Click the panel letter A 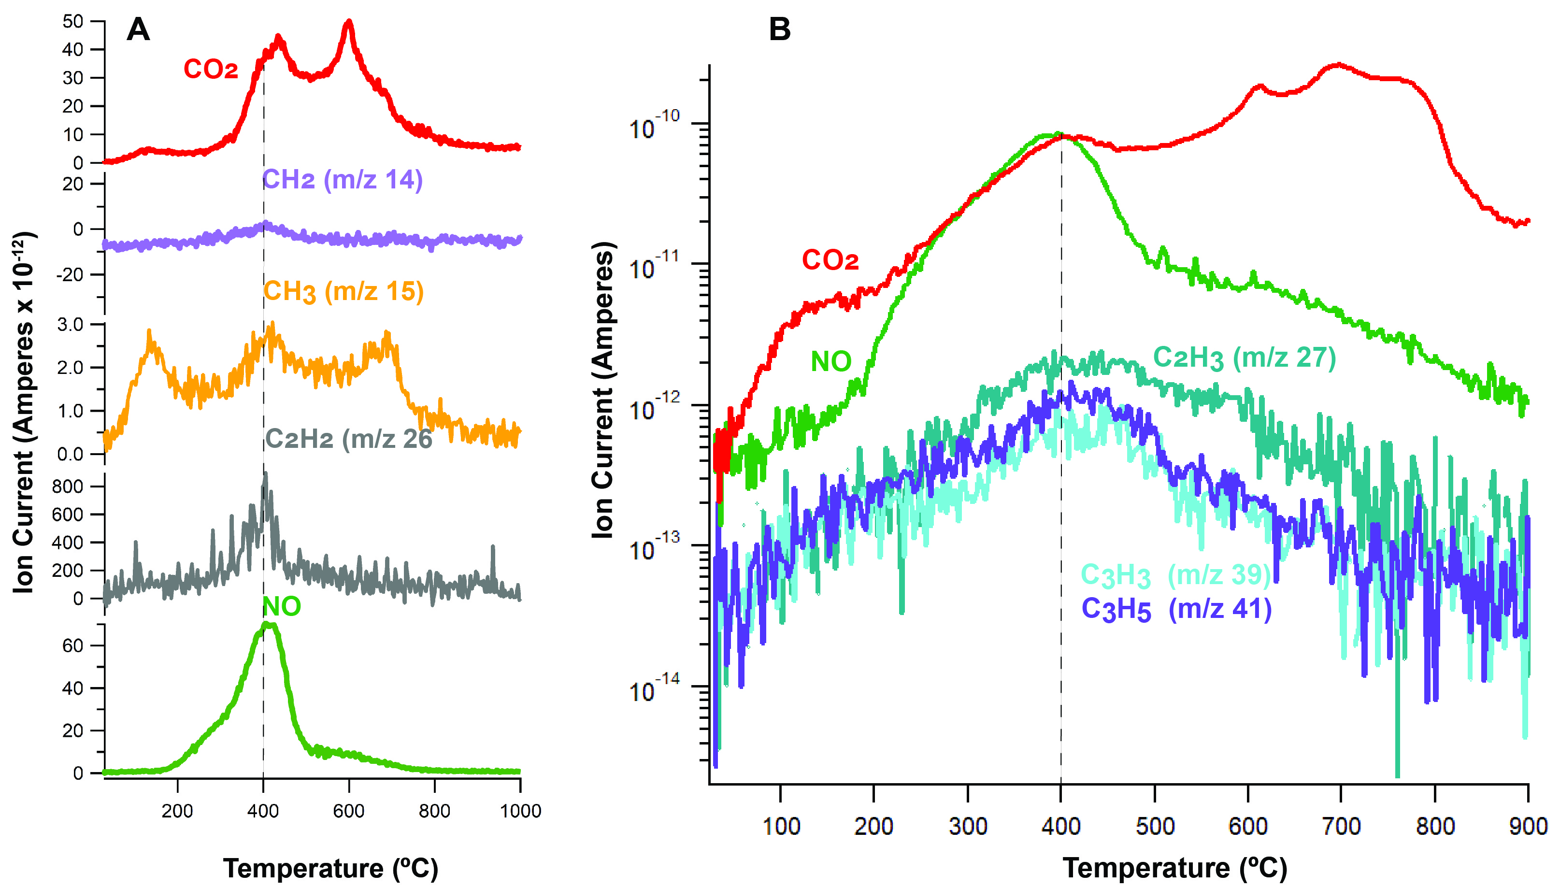[139, 29]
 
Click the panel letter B [779, 29]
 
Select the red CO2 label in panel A [210, 70]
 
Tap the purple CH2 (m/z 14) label [342, 181]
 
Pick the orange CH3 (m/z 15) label [343, 291]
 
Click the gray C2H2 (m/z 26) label [348, 439]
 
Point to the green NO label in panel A [281, 607]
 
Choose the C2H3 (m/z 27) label [1244, 358]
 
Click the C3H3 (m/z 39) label [1175, 575]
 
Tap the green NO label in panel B [830, 362]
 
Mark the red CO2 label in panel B [830, 260]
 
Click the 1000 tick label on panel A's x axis [520, 811]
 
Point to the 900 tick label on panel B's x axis [1528, 827]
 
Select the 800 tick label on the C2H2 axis [67, 487]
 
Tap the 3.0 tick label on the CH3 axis [70, 325]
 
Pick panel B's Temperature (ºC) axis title [1174, 868]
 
